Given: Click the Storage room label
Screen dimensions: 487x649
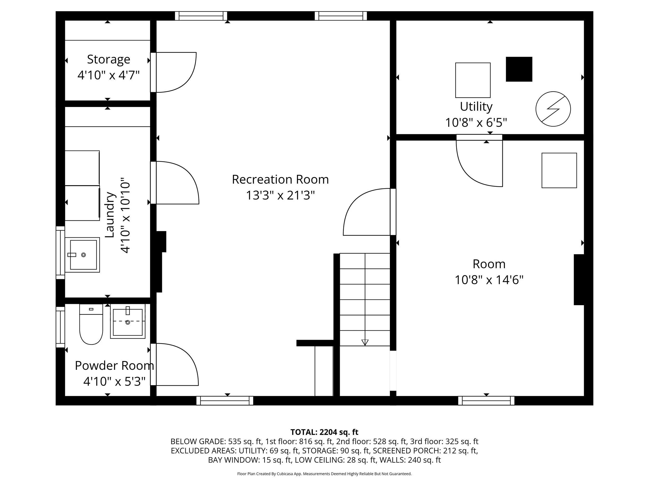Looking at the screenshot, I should pyautogui.click(x=108, y=59).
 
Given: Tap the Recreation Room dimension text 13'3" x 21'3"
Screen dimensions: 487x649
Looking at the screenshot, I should pyautogui.click(x=280, y=195).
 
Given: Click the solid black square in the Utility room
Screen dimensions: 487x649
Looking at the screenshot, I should pyautogui.click(x=519, y=69).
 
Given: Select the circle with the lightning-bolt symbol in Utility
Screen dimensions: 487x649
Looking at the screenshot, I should pyautogui.click(x=553, y=109).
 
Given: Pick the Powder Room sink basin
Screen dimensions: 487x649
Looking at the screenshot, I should pyautogui.click(x=128, y=322).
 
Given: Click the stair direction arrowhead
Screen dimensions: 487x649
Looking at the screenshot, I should pyautogui.click(x=365, y=342).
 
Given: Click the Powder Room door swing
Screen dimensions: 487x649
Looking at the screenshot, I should pyautogui.click(x=175, y=364).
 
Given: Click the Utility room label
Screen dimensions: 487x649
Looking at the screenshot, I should pyautogui.click(x=476, y=106).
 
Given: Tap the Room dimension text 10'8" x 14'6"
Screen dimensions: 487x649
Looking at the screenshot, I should pyautogui.click(x=489, y=280).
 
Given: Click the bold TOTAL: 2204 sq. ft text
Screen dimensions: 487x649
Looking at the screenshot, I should pyautogui.click(x=324, y=432).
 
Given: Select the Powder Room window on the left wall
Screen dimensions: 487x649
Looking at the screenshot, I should pyautogui.click(x=60, y=327).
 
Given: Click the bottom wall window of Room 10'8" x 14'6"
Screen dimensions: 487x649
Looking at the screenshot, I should pyautogui.click(x=486, y=401).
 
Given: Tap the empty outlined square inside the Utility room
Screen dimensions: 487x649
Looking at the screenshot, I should pyautogui.click(x=473, y=80).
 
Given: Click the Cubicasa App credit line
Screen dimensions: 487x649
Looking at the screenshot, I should pyautogui.click(x=324, y=474).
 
